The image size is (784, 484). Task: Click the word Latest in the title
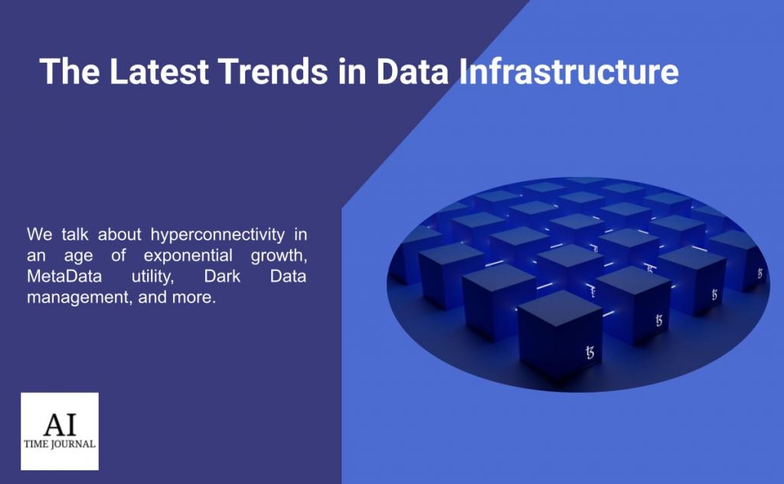coord(158,71)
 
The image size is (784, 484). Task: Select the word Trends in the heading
coord(273,71)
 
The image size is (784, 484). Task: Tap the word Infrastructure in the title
coord(569,71)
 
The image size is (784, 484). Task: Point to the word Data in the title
coord(413,71)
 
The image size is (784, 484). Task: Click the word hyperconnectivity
coord(217,235)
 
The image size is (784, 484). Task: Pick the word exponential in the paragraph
coord(188,256)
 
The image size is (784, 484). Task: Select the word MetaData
coord(64,276)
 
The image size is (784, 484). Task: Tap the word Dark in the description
coord(222,276)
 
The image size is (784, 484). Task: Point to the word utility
coord(152,276)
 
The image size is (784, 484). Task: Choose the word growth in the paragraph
coord(279,256)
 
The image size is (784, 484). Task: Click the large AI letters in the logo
coord(60,424)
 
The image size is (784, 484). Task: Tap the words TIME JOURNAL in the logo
coord(60,444)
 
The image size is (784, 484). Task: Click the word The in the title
coord(70,71)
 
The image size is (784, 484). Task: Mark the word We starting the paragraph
coord(39,234)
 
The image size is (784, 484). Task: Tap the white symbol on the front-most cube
coord(590,352)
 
